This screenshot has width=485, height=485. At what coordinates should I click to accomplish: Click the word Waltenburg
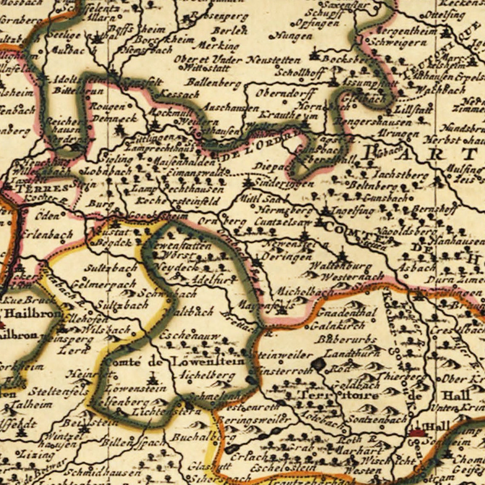coord(340,266)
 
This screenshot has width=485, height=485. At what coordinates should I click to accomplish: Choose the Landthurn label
coord(347,353)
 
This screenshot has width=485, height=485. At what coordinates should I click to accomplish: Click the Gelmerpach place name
coord(105,284)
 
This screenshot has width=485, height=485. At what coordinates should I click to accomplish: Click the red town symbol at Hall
coord(417,433)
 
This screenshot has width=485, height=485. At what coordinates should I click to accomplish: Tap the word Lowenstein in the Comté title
coord(208,362)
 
